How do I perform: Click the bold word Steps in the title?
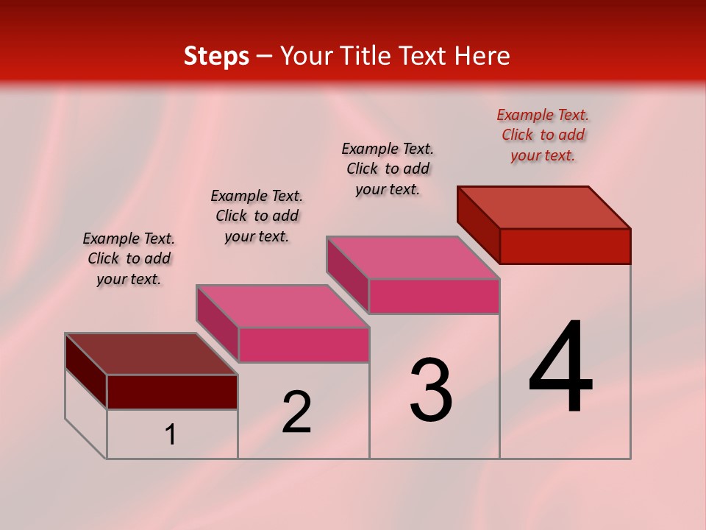pyautogui.click(x=216, y=56)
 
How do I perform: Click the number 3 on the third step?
pyautogui.click(x=431, y=391)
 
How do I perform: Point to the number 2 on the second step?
pyautogui.click(x=296, y=412)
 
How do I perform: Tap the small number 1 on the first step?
pyautogui.click(x=171, y=435)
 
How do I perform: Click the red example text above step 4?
pyautogui.click(x=543, y=135)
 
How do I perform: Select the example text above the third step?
pyautogui.click(x=388, y=169)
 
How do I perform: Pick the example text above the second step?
pyautogui.click(x=257, y=216)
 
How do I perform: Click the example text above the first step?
pyautogui.click(x=129, y=258)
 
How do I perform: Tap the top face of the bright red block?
pyautogui.click(x=544, y=207)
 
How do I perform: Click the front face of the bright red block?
pyautogui.click(x=565, y=246)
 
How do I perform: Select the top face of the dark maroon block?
pyautogui.click(x=151, y=354)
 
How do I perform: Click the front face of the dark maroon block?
pyautogui.click(x=172, y=392)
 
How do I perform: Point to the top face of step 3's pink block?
pyautogui.click(x=413, y=258)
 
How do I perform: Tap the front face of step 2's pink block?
pyautogui.click(x=303, y=344)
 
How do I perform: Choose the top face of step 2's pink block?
pyautogui.click(x=282, y=305)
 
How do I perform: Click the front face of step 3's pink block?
pyautogui.click(x=434, y=296)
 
